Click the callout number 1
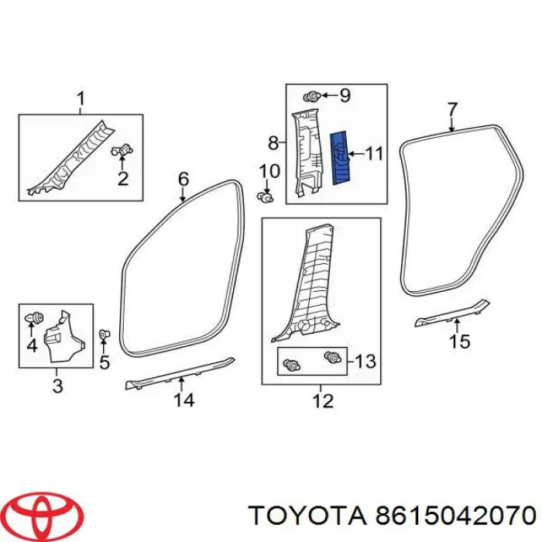pos(81,99)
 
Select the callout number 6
pos(184,179)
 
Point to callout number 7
pos(453,109)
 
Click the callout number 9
pos(345,96)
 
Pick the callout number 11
pos(374,154)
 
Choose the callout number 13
pos(365,360)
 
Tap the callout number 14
pos(184,400)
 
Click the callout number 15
pos(460,341)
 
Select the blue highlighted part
pos(341,157)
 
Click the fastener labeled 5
pos(104,335)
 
